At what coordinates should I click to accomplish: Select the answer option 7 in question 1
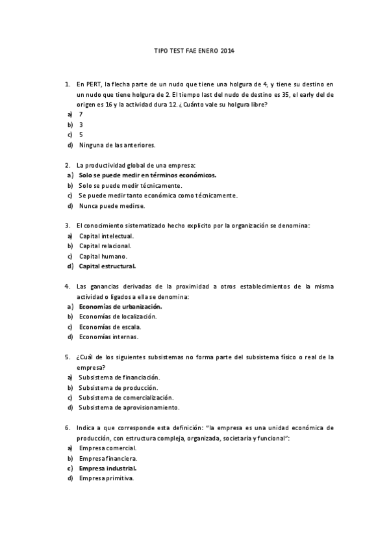pos(81,114)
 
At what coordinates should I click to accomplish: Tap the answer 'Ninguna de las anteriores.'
pos(117,144)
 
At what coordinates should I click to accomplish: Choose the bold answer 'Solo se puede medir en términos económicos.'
pos(147,175)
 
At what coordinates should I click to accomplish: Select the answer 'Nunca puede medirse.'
pos(112,205)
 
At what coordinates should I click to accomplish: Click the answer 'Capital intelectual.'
pos(106,235)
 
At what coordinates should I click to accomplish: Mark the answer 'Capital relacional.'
pos(105,246)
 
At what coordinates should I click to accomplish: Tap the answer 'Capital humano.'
pos(103,256)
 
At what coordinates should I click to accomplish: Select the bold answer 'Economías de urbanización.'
pos(120,306)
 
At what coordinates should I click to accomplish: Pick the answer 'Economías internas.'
pos(108,337)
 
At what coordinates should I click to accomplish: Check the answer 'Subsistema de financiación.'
pos(119,377)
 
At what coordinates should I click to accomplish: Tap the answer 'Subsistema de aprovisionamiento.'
pos(129,407)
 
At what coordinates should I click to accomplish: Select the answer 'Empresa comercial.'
pos(107,448)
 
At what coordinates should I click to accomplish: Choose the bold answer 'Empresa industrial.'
pos(107,468)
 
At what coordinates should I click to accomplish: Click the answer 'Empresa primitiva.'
pos(106,478)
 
